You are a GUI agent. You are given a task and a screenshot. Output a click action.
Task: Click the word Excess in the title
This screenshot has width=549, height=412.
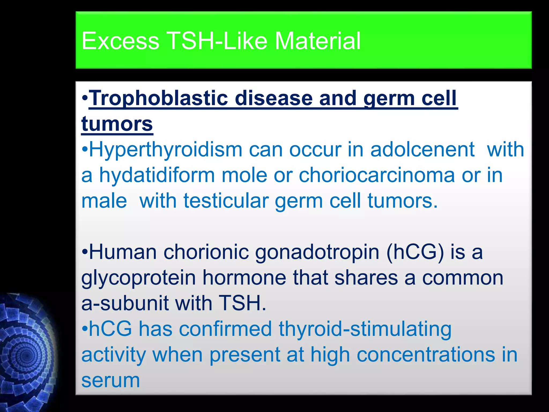pos(120,41)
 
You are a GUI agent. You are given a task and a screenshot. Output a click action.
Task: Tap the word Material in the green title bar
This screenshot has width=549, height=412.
pos(318,41)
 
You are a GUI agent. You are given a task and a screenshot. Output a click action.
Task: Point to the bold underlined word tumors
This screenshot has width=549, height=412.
pos(117,124)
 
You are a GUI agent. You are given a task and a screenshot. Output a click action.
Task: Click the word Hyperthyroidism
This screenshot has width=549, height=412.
pos(166,149)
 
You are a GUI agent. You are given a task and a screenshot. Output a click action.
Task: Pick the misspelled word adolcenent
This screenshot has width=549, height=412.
pos(422,149)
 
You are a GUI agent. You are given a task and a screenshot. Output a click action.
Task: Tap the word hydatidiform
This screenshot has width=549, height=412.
pos(157,175)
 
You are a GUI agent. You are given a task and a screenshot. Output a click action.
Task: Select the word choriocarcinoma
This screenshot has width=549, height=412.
pos(377,175)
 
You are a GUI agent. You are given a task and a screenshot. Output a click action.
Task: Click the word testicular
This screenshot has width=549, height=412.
pos(226,201)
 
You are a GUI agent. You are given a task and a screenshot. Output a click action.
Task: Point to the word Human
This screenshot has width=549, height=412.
pos(123,252)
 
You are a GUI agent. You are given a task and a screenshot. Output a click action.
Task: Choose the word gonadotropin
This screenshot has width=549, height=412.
pos(317,252)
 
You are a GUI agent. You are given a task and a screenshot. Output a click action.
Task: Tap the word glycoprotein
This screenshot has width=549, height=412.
pos(139,278)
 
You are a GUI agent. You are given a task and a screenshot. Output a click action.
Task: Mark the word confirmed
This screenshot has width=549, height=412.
pos(225,329)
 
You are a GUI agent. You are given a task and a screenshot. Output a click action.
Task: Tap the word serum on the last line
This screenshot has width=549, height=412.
pos(110,380)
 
